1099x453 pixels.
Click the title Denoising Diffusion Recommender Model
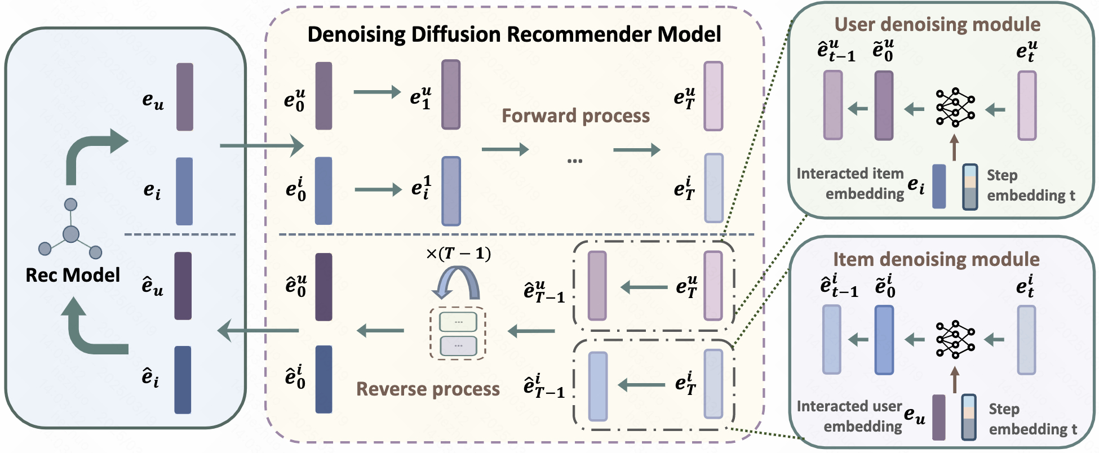pyautogui.click(x=514, y=34)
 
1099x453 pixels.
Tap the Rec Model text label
pyautogui.click(x=73, y=275)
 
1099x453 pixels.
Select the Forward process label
pyautogui.click(x=575, y=116)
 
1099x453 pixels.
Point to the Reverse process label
pyautogui.click(x=428, y=389)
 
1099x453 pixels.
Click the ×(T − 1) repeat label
pyautogui.click(x=458, y=254)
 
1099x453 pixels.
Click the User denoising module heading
pyautogui.click(x=937, y=24)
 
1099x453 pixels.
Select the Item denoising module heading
pyautogui.click(x=936, y=259)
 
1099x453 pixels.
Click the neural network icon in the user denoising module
pyautogui.click(x=955, y=107)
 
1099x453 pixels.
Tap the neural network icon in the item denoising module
pyautogui.click(x=955, y=340)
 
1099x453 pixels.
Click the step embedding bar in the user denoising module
pyautogui.click(x=970, y=186)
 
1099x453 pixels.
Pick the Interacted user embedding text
pyautogui.click(x=849, y=416)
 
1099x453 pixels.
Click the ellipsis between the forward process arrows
pyautogui.click(x=574, y=161)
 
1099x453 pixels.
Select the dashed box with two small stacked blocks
pyautogui.click(x=458, y=333)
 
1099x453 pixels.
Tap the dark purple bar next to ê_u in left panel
pyautogui.click(x=183, y=286)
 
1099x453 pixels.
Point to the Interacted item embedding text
pyautogui.click(x=850, y=183)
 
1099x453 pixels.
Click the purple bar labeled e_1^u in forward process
pyautogui.click(x=451, y=95)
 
